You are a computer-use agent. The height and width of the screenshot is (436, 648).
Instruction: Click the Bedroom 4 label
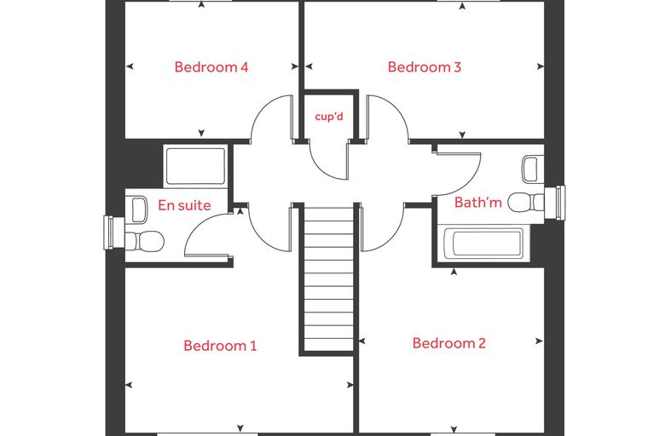tap(211, 67)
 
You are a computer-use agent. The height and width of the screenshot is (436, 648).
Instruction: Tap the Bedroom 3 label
tap(424, 67)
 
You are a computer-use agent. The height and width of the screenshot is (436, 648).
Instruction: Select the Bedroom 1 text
tap(220, 346)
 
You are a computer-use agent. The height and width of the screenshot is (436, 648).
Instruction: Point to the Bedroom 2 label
tap(448, 343)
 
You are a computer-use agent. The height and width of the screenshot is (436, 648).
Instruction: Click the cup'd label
tap(329, 117)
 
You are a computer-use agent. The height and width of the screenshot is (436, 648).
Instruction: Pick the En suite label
tap(184, 205)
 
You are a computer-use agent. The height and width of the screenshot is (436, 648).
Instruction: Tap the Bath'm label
tap(478, 203)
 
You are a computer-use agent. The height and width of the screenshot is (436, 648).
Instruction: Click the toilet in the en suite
tap(145, 241)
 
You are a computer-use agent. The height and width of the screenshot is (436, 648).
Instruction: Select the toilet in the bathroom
tap(526, 203)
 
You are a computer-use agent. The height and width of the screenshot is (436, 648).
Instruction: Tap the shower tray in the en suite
tap(195, 165)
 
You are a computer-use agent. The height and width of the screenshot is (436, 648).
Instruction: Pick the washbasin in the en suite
tap(138, 209)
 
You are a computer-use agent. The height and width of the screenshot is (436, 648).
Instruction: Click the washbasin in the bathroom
tap(533, 169)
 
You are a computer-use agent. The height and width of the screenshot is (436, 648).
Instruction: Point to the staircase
tap(329, 279)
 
